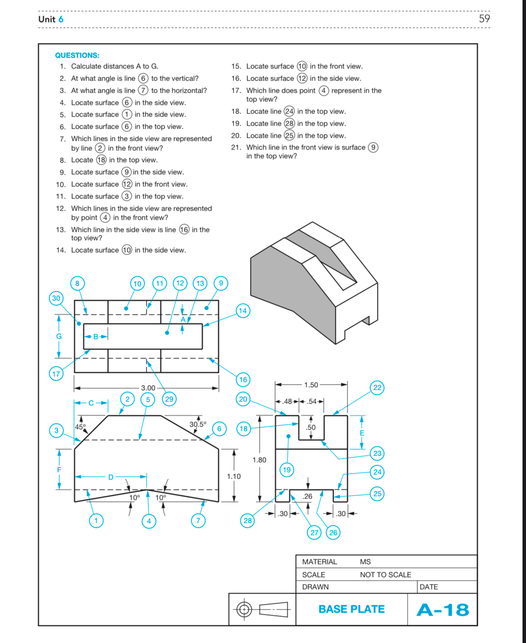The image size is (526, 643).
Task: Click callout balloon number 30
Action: point(56,298)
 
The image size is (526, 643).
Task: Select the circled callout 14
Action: point(243,310)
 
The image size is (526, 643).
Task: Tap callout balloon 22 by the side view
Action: point(378,388)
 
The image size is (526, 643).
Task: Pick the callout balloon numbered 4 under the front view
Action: point(149,521)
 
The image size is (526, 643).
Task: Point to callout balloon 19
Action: point(287,470)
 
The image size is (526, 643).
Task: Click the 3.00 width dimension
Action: point(148,388)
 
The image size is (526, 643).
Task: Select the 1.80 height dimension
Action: point(259,460)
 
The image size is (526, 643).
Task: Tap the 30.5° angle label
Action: point(198,424)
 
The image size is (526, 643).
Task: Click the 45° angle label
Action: point(81,427)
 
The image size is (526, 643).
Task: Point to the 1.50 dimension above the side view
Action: point(311,385)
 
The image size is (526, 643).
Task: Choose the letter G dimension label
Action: point(59,336)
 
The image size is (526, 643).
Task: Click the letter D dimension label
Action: point(111,477)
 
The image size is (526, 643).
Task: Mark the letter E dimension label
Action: point(362,433)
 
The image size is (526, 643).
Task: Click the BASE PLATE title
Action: point(352,609)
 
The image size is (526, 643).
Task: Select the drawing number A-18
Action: point(442,610)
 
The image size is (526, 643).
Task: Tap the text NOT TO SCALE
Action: point(385,574)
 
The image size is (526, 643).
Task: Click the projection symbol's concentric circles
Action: point(245,610)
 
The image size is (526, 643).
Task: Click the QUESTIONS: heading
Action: point(77,55)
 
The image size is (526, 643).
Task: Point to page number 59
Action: point(484,19)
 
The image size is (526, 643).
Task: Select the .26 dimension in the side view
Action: point(307,496)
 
